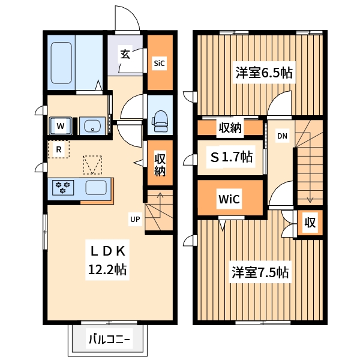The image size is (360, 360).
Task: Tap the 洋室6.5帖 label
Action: (x=264, y=73)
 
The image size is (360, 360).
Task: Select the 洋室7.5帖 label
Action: (x=261, y=272)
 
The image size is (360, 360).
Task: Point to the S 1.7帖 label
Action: (x=230, y=157)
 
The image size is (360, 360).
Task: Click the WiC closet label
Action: (x=229, y=199)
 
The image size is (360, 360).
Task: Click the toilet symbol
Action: (x=160, y=120)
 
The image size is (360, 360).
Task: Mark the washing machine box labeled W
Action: (x=61, y=126)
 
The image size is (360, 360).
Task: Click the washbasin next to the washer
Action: (x=92, y=126)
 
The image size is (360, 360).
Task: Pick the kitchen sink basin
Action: (x=96, y=187)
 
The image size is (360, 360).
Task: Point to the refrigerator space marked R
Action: (x=59, y=149)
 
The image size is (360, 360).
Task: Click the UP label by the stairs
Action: (x=135, y=220)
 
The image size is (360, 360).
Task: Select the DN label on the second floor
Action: (x=282, y=136)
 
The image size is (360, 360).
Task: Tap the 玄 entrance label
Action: (x=125, y=54)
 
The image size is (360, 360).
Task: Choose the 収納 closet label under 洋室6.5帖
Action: (x=229, y=128)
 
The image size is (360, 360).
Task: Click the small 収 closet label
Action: (x=310, y=223)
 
